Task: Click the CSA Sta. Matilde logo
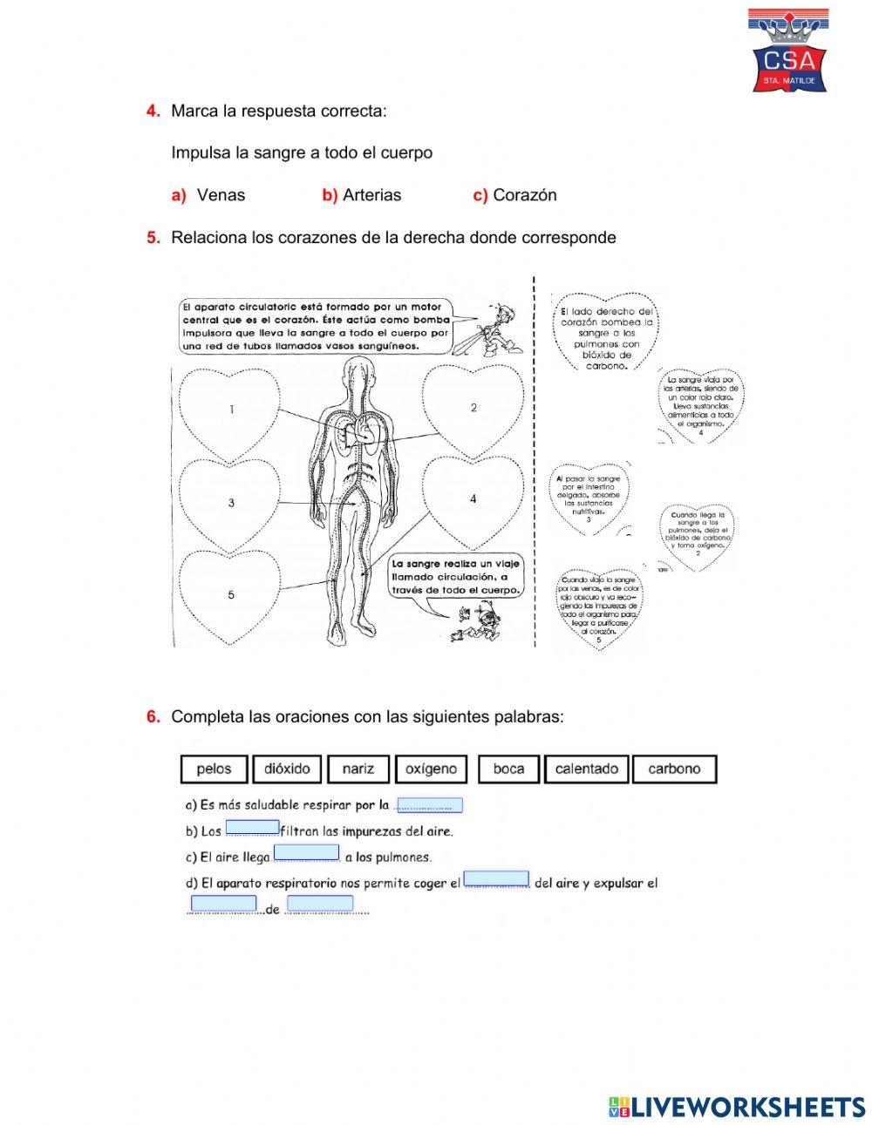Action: [x=789, y=51]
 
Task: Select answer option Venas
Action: [x=221, y=195]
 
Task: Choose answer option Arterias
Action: [x=371, y=195]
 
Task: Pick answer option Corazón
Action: [x=524, y=195]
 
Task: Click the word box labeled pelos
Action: [x=214, y=769]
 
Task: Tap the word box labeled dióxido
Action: [x=287, y=769]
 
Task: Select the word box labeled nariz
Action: [x=358, y=769]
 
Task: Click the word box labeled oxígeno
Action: [x=431, y=769]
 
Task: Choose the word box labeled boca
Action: [x=508, y=769]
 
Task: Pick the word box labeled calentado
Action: [x=586, y=769]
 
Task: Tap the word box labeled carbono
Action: [x=674, y=769]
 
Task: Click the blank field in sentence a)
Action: [x=429, y=805]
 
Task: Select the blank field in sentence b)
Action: [x=252, y=828]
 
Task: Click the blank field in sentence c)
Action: [x=306, y=852]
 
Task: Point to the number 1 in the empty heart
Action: [x=231, y=409]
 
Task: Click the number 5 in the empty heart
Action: [x=231, y=595]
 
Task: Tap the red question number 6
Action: [x=153, y=716]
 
